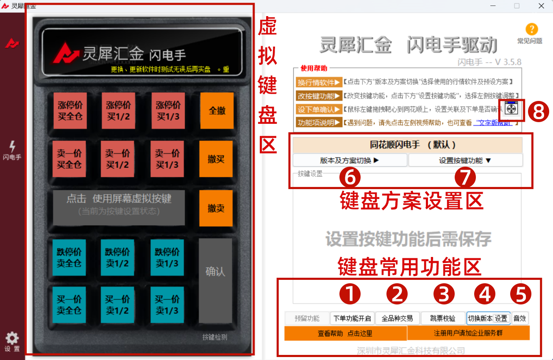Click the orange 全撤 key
tap(217, 111)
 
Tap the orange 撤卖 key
tap(216, 208)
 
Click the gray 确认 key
tap(215, 272)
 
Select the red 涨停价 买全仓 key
tap(70, 111)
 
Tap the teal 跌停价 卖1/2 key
tap(117, 257)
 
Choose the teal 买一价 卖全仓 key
tap(68, 305)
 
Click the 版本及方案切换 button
tap(350, 160)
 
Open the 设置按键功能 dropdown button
tap(465, 160)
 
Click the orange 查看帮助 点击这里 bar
tap(345, 333)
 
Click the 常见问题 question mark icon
tap(531, 30)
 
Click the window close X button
tap(541, 6)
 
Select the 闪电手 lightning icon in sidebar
tap(12, 147)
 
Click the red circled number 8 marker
tap(538, 112)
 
